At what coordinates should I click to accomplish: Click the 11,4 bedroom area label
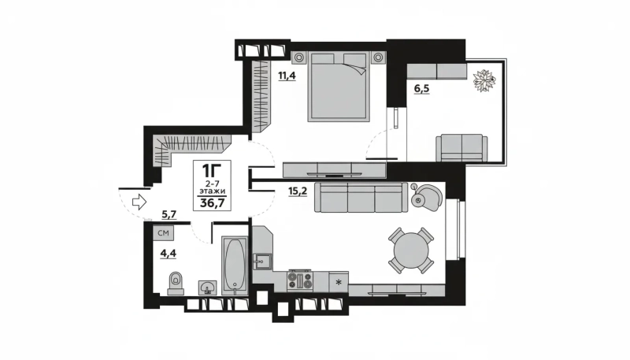pyautogui.click(x=287, y=75)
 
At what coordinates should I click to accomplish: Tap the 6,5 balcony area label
pyautogui.click(x=421, y=88)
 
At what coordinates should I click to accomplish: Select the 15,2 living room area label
pyautogui.click(x=298, y=191)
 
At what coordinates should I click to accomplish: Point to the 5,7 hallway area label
pyautogui.click(x=169, y=214)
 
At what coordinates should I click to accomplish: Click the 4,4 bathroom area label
pyautogui.click(x=169, y=253)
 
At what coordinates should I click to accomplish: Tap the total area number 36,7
pyautogui.click(x=213, y=203)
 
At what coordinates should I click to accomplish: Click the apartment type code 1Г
pyautogui.click(x=209, y=170)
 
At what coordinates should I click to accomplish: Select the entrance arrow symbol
pyautogui.click(x=139, y=202)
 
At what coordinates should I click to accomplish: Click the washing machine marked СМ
pyautogui.click(x=163, y=233)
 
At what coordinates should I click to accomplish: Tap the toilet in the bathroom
pyautogui.click(x=176, y=284)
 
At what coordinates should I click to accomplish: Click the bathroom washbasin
pyautogui.click(x=208, y=288)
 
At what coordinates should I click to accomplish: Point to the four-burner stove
pyautogui.click(x=300, y=280)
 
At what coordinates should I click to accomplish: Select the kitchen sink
pyautogui.click(x=262, y=262)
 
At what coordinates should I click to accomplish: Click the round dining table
pyautogui.click(x=411, y=251)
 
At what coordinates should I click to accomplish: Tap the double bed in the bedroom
pyautogui.click(x=339, y=87)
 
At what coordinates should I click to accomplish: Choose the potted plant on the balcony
pyautogui.click(x=484, y=81)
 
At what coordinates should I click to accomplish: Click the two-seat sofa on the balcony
pyautogui.click(x=462, y=148)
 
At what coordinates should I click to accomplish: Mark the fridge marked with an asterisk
pyautogui.click(x=339, y=282)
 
